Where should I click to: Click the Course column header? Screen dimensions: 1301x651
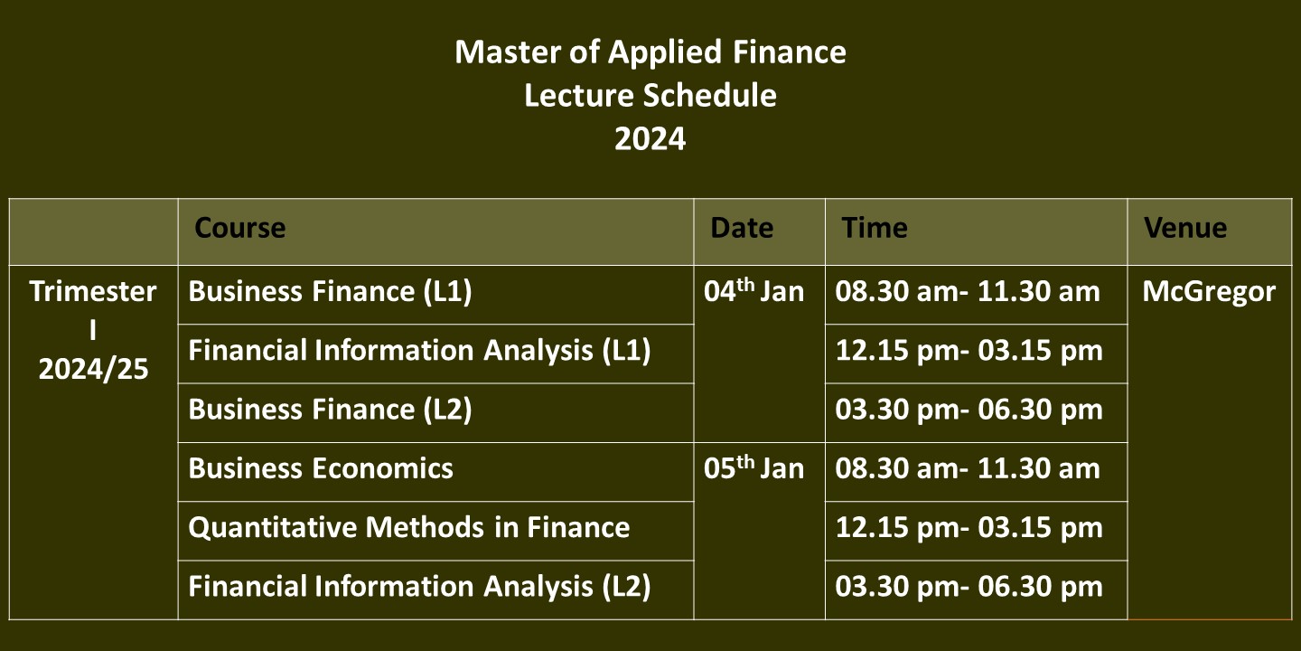[240, 228]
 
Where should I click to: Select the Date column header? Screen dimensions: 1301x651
[742, 228]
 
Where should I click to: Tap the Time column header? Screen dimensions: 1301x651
[875, 228]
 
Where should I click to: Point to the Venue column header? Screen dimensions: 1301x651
[1185, 228]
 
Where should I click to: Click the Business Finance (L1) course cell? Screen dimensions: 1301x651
[330, 292]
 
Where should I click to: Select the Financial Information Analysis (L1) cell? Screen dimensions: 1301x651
[419, 351]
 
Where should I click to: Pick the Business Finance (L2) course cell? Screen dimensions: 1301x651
[330, 410]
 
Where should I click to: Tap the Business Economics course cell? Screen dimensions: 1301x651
[321, 468]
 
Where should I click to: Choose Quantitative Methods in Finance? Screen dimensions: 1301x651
[409, 528]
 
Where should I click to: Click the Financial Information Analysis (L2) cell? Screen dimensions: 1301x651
[419, 587]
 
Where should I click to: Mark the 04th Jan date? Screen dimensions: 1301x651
[753, 290]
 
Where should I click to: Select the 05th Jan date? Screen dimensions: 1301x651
[753, 467]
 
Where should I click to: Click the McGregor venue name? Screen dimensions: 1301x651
[1209, 292]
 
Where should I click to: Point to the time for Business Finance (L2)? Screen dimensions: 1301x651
[969, 410]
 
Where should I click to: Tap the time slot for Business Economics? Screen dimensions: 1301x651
[968, 468]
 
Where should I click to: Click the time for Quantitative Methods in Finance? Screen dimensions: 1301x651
[969, 528]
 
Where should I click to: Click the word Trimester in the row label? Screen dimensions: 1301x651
[93, 291]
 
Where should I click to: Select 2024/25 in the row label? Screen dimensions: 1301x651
[94, 369]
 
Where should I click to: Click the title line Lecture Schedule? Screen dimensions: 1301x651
[650, 95]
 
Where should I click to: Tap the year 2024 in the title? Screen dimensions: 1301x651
[650, 139]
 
